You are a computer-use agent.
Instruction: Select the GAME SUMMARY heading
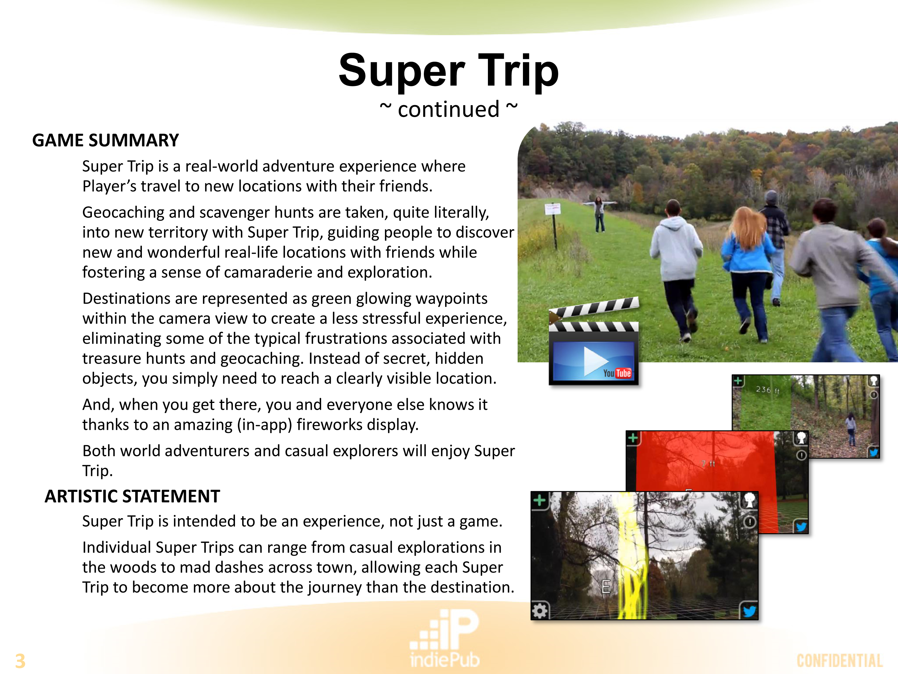(106, 140)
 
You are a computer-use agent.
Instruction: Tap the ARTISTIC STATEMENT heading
(132, 496)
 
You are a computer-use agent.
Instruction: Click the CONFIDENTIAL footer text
(840, 661)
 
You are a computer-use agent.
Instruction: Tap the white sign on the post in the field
(553, 209)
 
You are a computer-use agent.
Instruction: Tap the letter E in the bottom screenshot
(606, 587)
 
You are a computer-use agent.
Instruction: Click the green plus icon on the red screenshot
(632, 438)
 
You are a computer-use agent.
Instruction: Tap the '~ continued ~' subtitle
(449, 109)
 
